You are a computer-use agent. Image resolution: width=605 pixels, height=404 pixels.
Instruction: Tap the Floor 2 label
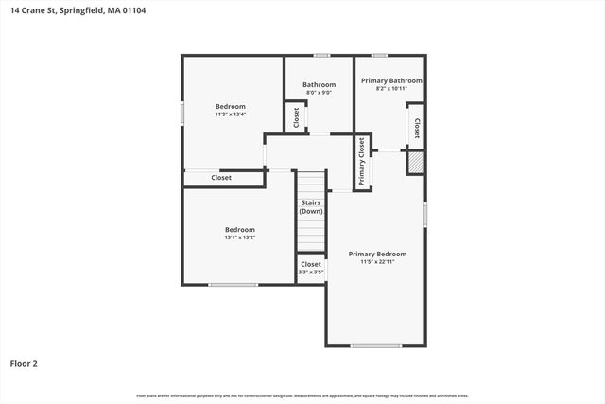[x=24, y=363]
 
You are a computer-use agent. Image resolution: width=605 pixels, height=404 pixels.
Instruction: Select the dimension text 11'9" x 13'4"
[x=230, y=114]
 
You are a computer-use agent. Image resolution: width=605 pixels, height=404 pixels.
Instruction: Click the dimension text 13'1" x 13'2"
[x=239, y=237]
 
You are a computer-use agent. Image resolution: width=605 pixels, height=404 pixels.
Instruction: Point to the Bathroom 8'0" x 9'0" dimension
[x=319, y=93]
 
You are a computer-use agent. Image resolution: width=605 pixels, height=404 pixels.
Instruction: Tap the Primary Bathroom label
[x=391, y=81]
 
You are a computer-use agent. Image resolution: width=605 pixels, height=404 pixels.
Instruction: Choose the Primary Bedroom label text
[x=377, y=254]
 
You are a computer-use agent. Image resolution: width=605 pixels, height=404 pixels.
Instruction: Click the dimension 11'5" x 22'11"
[x=377, y=262]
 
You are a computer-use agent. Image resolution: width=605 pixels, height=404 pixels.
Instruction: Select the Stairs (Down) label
[x=311, y=207]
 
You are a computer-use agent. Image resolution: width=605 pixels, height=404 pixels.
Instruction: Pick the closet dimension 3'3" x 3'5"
[x=311, y=272]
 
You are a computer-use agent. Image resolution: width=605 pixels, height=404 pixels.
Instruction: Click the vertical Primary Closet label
[x=361, y=162]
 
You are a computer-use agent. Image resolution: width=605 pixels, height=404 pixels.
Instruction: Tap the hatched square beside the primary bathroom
[x=415, y=164]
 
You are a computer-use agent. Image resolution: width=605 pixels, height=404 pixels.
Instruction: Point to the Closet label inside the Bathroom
[x=296, y=116]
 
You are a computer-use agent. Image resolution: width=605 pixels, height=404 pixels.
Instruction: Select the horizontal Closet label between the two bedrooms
[x=221, y=178]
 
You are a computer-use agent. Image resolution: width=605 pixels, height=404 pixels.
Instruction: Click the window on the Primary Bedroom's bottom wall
[x=376, y=345]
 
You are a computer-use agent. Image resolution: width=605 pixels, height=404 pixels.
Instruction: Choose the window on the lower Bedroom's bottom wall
[x=233, y=285]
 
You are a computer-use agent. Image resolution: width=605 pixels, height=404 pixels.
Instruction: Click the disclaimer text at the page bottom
[x=302, y=395]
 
